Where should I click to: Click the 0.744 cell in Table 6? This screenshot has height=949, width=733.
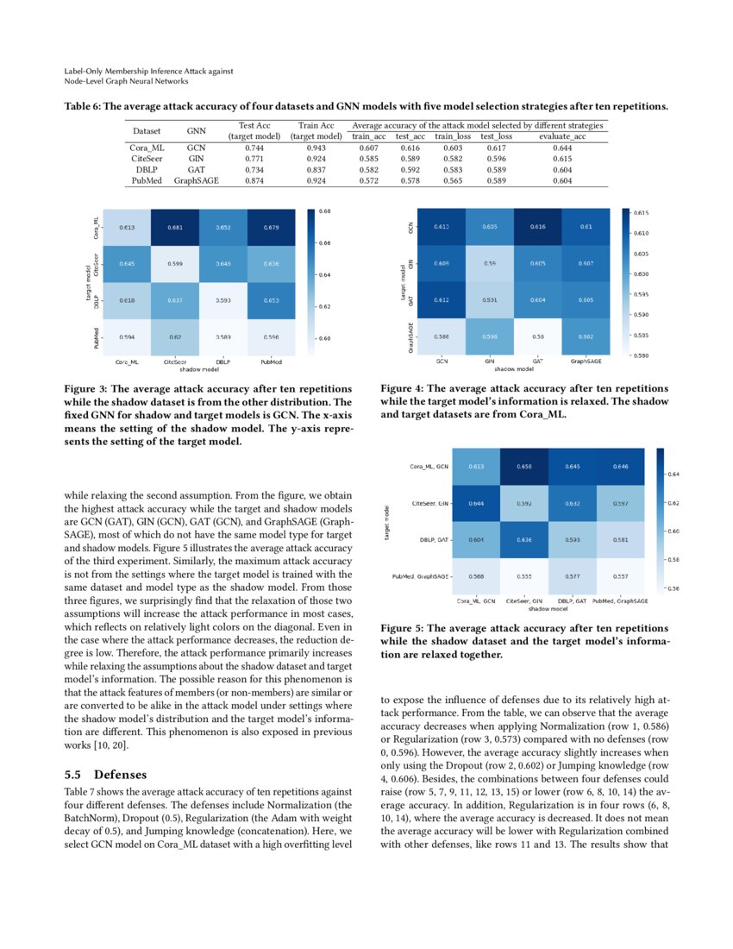(254, 148)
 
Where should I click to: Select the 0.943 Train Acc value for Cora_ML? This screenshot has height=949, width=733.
(316, 148)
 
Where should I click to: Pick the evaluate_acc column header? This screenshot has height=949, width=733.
(562, 136)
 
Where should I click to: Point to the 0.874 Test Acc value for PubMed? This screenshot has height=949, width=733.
(254, 181)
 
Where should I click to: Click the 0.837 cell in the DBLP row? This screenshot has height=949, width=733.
(316, 170)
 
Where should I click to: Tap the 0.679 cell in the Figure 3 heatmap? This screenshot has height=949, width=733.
(271, 229)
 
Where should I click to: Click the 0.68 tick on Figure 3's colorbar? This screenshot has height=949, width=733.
(323, 211)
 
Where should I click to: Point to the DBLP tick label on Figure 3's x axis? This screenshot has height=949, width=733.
(222, 362)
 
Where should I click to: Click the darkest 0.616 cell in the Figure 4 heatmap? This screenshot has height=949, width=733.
(538, 226)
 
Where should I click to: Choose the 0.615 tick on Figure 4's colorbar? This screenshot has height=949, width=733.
(642, 212)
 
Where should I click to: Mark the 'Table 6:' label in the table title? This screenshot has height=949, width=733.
(83, 106)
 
